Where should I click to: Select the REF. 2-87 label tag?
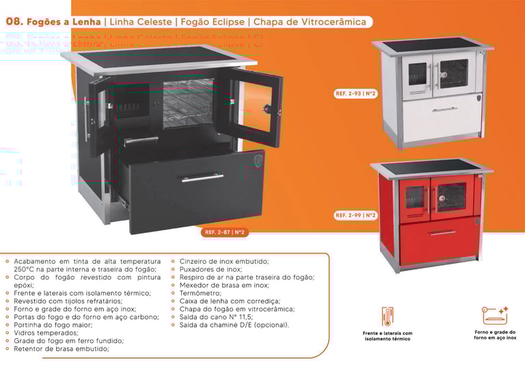(225, 232)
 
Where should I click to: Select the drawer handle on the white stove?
(445, 109)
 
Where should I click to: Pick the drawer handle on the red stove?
(443, 232)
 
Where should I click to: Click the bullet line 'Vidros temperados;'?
(46, 333)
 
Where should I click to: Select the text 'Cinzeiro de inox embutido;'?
(224, 261)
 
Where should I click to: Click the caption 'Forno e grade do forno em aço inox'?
(494, 335)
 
